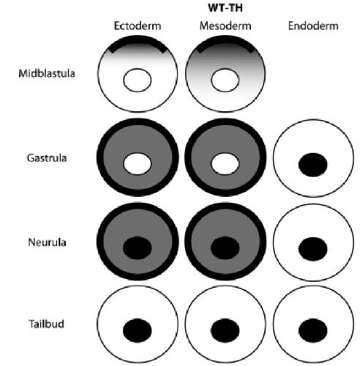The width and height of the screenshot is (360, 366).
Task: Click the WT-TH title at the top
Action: [x=225, y=8]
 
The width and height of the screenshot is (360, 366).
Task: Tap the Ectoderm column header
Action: [x=138, y=26]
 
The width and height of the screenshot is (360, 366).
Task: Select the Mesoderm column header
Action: [x=225, y=26]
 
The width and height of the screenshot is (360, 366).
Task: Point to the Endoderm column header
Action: [x=313, y=26]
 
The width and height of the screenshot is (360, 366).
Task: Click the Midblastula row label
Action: [x=47, y=73]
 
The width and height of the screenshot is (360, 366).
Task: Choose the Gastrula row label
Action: [x=47, y=158]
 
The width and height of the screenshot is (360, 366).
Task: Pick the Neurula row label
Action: [x=47, y=242]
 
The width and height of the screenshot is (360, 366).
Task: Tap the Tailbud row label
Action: [x=47, y=324]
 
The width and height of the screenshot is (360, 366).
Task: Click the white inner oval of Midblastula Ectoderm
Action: [x=138, y=80]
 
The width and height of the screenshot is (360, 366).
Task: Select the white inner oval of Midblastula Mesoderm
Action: [x=225, y=80]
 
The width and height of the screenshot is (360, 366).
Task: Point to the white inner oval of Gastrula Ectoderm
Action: [x=138, y=164]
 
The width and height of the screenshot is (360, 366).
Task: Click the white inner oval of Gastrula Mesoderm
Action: [x=225, y=164]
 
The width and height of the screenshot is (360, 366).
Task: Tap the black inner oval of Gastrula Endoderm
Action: [x=313, y=165]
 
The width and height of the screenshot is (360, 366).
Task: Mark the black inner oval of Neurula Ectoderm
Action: [x=138, y=248]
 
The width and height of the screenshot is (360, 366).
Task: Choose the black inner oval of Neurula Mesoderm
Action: [x=225, y=248]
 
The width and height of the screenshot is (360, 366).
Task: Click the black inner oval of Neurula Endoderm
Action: [x=313, y=249]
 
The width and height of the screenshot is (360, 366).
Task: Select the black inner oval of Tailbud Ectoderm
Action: [x=138, y=330]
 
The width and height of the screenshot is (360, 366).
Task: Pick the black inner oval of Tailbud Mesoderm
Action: [x=225, y=330]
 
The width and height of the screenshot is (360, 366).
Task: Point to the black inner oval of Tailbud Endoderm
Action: [x=313, y=330]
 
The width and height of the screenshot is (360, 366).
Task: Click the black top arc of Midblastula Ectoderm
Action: [x=138, y=39]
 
